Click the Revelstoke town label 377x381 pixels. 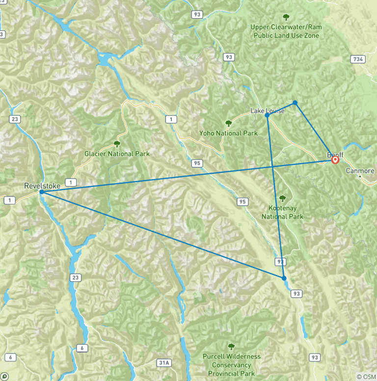point(42,186)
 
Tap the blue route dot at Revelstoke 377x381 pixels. point(42,192)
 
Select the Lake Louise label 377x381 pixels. point(268,111)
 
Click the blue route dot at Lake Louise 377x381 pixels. point(267,115)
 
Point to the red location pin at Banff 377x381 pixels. point(335,160)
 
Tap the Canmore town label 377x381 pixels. point(360,171)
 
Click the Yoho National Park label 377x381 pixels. point(228,133)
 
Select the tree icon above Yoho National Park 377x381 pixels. point(228,123)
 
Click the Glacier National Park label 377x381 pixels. point(117,154)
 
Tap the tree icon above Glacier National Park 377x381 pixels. point(117,144)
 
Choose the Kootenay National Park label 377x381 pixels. point(282,212)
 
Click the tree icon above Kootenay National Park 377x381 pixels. point(282,198)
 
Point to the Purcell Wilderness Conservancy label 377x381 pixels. point(231,365)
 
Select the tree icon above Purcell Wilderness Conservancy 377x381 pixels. point(231,347)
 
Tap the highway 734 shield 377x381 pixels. point(357,59)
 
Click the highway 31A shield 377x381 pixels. point(164,363)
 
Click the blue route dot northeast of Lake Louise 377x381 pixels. point(295,103)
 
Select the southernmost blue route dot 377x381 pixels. point(284,278)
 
